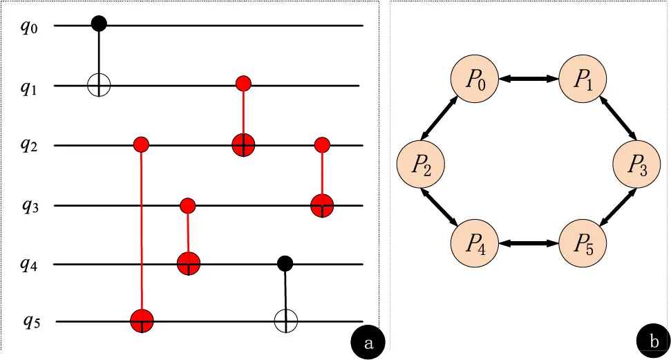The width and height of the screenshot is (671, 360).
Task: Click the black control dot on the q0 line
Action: pos(99,24)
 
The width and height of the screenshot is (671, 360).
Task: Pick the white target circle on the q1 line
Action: pos(99,86)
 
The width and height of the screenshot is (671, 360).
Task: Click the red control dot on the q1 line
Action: pos(243,84)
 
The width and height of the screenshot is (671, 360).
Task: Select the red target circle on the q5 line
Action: pos(142,321)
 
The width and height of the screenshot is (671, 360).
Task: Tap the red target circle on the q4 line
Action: pos(189,264)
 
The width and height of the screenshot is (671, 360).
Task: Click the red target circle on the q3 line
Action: pos(322,205)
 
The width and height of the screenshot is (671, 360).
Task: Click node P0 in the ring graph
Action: pos(474,80)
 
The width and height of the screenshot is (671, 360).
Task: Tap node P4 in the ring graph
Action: pos(474,244)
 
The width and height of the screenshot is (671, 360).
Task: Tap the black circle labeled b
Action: pos(653,341)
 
